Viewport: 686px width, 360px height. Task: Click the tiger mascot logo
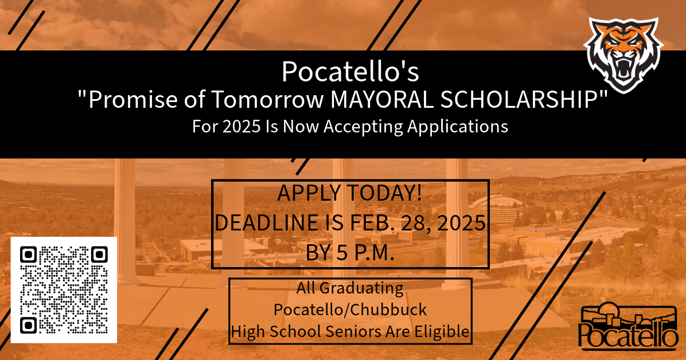coord(623,56)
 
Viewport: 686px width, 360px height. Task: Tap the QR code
coord(64,289)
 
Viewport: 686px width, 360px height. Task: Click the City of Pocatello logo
coord(628,327)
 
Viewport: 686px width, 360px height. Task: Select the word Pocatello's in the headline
coord(350,71)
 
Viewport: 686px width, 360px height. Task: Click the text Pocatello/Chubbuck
coord(350,310)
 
